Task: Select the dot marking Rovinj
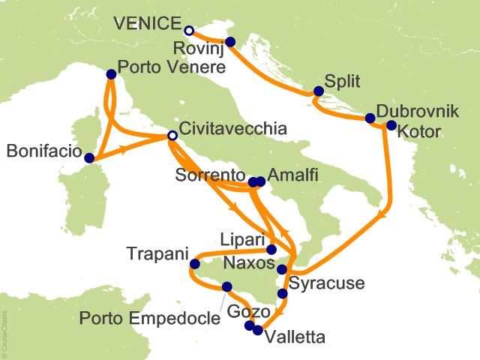pyautogui.click(x=229, y=42)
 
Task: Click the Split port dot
pyautogui.click(x=318, y=91)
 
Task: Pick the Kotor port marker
pyautogui.click(x=390, y=125)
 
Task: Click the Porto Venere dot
pyautogui.click(x=112, y=74)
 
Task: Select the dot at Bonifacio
pyautogui.click(x=90, y=158)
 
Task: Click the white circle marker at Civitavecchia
pyautogui.click(x=172, y=136)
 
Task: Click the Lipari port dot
pyautogui.click(x=271, y=250)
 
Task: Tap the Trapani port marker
pyautogui.click(x=195, y=263)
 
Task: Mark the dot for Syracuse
pyautogui.click(x=282, y=294)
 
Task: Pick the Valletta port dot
pyautogui.click(x=259, y=330)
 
